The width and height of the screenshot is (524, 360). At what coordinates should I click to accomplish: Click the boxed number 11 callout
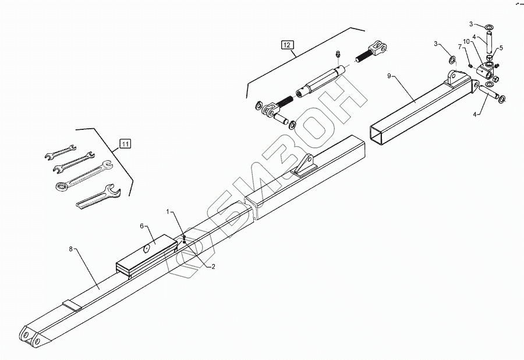coord(125,142)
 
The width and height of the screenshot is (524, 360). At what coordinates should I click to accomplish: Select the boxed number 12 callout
coord(288,44)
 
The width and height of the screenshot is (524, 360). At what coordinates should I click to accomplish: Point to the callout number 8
coord(71,249)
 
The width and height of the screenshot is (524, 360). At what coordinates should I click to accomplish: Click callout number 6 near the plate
coord(141,225)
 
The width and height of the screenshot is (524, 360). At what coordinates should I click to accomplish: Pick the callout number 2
coord(213,266)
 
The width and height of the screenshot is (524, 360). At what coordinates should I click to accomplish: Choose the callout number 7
coord(459,47)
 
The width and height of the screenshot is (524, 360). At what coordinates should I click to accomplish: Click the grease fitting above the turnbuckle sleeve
coord(337,55)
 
